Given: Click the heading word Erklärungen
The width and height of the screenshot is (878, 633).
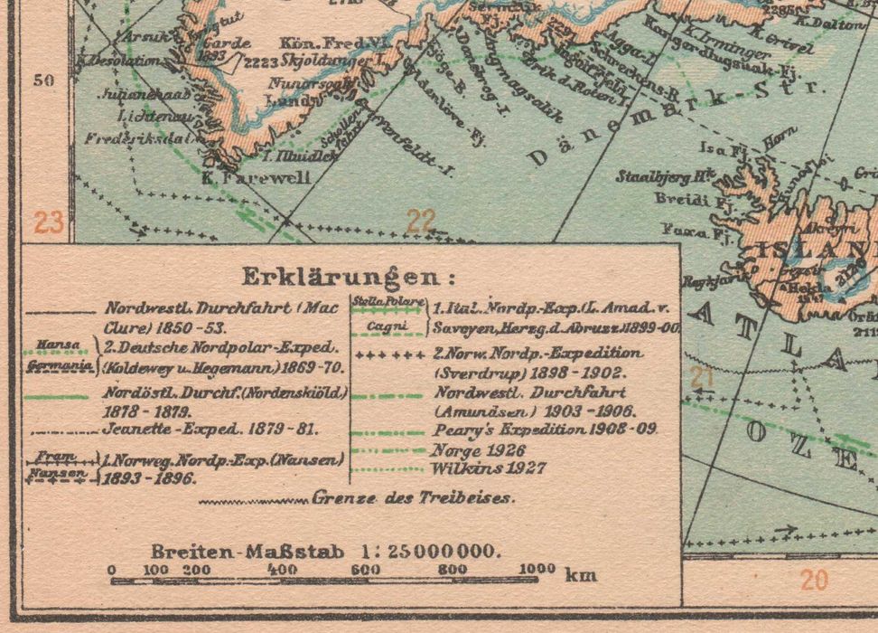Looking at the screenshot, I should click(x=349, y=275).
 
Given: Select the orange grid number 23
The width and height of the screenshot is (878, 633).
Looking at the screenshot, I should click(x=49, y=222).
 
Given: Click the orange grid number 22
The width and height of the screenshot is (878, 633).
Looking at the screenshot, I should click(x=421, y=221).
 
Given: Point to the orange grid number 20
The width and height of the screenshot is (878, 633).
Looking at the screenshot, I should click(x=814, y=579).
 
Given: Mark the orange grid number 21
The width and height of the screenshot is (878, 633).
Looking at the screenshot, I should click(x=702, y=376).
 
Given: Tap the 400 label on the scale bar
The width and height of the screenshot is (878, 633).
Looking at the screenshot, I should click(x=283, y=569).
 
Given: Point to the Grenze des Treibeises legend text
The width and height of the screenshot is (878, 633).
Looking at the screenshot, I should click(x=414, y=497).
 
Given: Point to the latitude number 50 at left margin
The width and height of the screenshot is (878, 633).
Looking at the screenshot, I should click(x=44, y=80).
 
